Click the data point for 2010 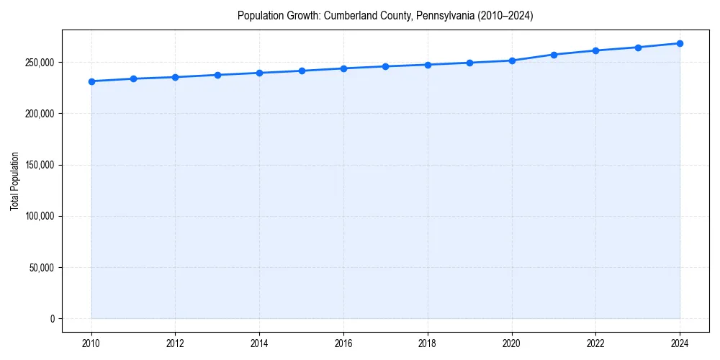tap(91, 81)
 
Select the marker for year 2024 tap(680, 43)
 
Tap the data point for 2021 tap(554, 55)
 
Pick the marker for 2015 tap(302, 71)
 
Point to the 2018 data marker tap(428, 65)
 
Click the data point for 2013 tap(217, 75)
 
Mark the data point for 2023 tap(638, 48)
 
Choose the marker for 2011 tap(133, 78)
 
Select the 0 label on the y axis tap(52, 319)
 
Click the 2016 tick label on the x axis tap(343, 343)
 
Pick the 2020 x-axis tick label tap(512, 343)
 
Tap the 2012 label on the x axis tap(175, 343)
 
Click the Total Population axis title tap(14, 181)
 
